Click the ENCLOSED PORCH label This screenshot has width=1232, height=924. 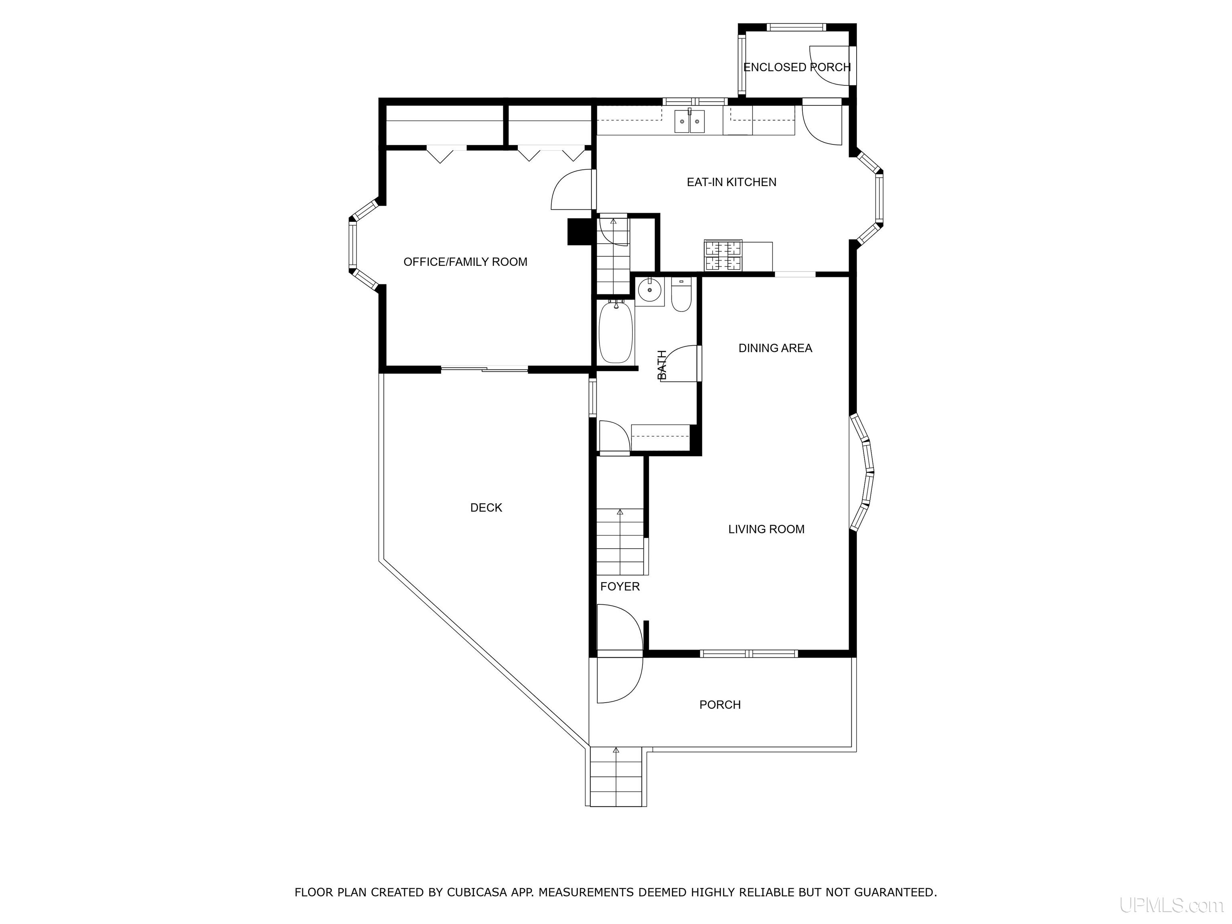(797, 67)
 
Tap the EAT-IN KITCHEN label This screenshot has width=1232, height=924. (731, 182)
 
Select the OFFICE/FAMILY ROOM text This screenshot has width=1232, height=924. (465, 262)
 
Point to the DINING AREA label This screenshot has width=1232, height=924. (775, 348)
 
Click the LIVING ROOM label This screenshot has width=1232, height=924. (766, 529)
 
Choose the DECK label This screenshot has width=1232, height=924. (486, 507)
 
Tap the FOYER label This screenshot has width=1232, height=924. (620, 586)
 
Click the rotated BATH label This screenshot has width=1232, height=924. (662, 365)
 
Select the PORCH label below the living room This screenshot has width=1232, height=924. (720, 705)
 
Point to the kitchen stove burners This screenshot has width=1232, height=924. (723, 255)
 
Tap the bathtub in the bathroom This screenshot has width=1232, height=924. (616, 332)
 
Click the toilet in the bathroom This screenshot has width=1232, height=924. (681, 295)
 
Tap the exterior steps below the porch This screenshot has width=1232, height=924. (616, 777)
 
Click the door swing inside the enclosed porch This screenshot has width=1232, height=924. (829, 66)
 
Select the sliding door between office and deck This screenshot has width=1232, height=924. (484, 368)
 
